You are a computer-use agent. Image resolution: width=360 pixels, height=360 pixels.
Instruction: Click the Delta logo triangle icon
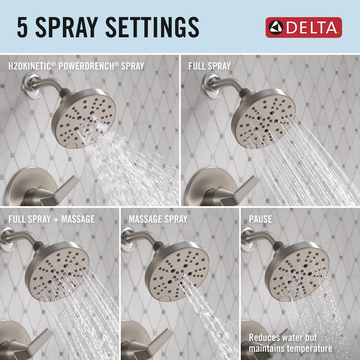[x=276, y=28]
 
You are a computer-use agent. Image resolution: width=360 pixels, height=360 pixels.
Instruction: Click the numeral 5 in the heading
[x=22, y=27]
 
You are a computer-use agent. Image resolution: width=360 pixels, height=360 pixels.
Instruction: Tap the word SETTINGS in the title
[x=152, y=27]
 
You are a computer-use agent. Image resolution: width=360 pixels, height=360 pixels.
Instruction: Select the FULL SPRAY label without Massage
[x=210, y=66]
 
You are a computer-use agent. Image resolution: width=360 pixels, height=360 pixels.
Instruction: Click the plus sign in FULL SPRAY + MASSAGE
[x=56, y=220]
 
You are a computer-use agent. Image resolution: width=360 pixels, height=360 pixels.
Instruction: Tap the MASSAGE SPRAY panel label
[x=158, y=219]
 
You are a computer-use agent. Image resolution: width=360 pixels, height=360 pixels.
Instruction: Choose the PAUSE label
[x=260, y=219]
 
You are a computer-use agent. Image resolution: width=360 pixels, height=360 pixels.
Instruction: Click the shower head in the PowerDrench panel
[x=84, y=118]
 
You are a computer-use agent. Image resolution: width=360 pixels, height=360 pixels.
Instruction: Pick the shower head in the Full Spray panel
[x=263, y=118]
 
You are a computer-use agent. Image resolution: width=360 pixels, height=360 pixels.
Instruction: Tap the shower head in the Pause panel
[x=297, y=271]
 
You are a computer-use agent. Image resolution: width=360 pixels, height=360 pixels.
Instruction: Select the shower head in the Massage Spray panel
[x=177, y=271]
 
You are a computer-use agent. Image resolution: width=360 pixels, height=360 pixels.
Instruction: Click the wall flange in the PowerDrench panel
[x=31, y=85]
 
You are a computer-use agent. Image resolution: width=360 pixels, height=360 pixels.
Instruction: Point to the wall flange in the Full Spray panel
[x=211, y=85]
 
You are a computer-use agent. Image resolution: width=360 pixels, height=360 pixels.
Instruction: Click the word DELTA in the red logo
[x=311, y=28]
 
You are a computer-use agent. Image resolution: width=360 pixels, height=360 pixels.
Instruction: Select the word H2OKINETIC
[x=29, y=66]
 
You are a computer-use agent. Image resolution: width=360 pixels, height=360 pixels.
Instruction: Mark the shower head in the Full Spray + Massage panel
[x=57, y=271]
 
